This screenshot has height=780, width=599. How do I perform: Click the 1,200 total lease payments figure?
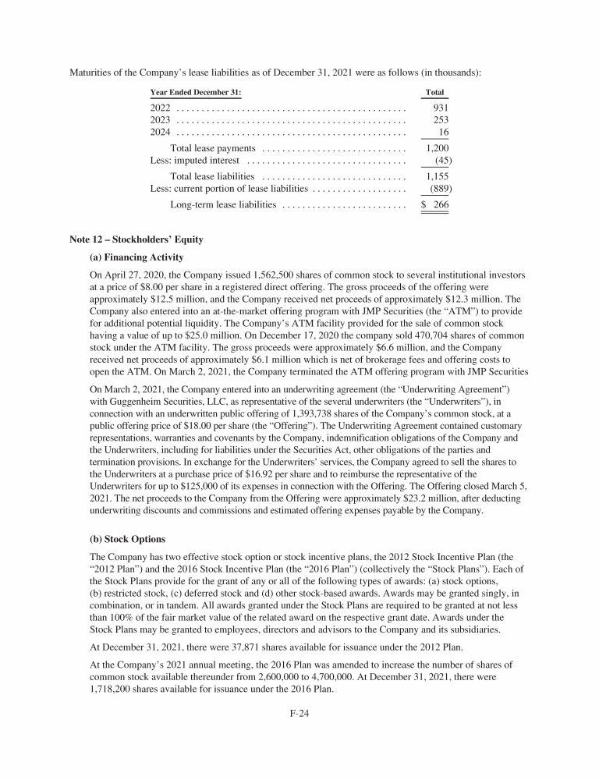[x=437, y=148]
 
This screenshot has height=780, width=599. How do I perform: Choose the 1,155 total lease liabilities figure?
[x=437, y=176]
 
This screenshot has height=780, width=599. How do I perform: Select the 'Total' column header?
[x=434, y=92]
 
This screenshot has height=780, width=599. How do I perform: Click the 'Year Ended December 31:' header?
[x=196, y=92]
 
